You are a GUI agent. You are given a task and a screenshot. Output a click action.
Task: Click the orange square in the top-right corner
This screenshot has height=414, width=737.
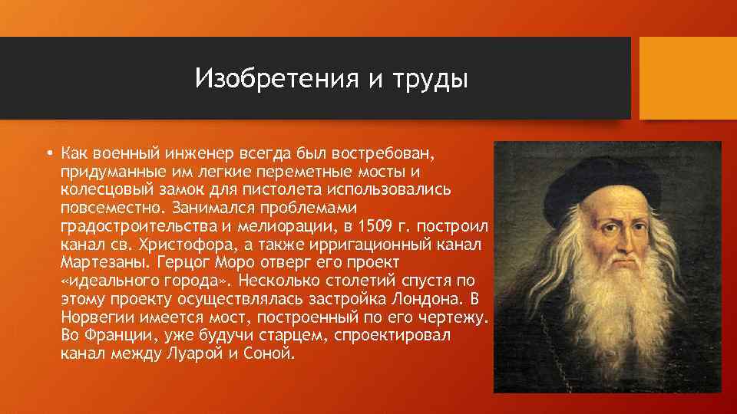[688, 79]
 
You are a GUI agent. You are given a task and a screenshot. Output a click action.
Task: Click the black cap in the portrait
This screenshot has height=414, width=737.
[606, 165]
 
